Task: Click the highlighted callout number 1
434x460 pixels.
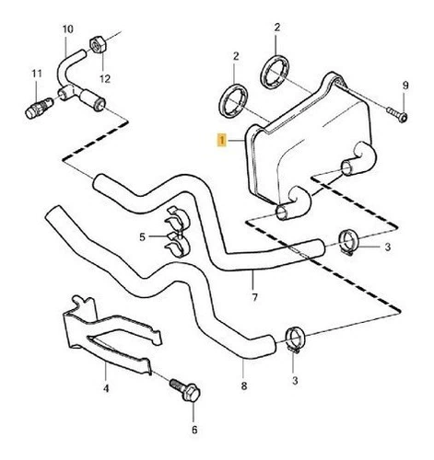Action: coord(221,141)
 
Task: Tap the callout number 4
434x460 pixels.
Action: coord(106,388)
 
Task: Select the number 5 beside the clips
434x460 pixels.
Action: coord(142,237)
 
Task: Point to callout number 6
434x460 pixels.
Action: coord(194,430)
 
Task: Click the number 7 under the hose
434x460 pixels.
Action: coord(254,297)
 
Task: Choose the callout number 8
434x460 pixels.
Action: coord(244,386)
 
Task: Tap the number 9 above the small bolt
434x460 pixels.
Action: coord(405,86)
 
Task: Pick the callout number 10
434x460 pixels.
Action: coord(68,29)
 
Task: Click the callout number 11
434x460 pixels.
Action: coord(37,74)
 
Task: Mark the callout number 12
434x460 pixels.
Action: coord(105,79)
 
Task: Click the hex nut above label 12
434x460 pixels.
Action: coord(98,46)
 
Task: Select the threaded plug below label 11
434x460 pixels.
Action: coord(39,109)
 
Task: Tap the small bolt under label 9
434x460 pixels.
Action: coord(397,114)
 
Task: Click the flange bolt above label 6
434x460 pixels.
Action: coord(185,390)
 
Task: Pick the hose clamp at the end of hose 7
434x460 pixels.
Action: coord(348,242)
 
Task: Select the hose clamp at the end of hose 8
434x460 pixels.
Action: coord(295,339)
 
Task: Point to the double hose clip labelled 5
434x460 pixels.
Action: coord(177,232)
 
